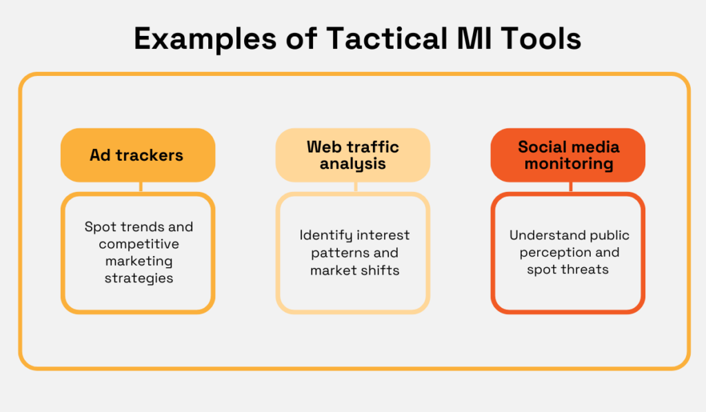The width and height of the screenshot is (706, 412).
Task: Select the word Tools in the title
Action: (541, 39)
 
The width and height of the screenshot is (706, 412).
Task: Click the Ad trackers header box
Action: (137, 155)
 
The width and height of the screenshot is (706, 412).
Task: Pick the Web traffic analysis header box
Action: (352, 155)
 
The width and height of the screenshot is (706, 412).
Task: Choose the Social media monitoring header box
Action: (568, 155)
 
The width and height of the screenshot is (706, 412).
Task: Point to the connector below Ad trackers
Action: (141, 186)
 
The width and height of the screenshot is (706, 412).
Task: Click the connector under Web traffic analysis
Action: (356, 186)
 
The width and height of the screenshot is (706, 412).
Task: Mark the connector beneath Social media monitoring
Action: (571, 186)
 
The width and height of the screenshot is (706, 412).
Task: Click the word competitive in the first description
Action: (139, 244)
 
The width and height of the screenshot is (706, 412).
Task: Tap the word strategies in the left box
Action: (139, 278)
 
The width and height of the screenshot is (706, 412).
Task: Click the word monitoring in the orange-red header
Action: (568, 164)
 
